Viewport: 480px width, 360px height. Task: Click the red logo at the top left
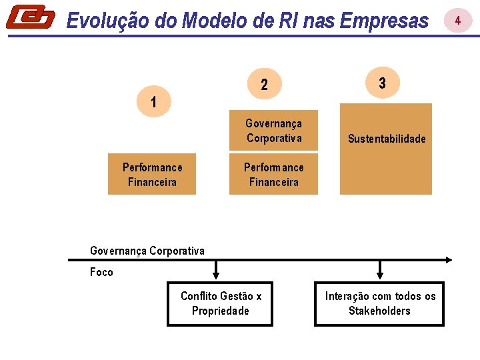click(31, 17)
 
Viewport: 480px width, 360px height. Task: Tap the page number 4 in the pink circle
click(458, 21)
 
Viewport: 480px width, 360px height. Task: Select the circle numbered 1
click(154, 103)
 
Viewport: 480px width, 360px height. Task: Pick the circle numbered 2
click(265, 85)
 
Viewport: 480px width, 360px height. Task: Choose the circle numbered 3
click(382, 83)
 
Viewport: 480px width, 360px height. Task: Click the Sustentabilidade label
click(386, 139)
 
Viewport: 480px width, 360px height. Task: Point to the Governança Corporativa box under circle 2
click(273, 131)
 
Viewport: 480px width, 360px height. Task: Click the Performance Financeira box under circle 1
click(152, 174)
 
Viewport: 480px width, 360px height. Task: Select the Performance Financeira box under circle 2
click(273, 174)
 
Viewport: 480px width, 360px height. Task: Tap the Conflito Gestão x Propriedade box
click(220, 303)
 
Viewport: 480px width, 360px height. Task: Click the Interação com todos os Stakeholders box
click(379, 303)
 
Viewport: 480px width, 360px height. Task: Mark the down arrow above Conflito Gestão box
click(216, 270)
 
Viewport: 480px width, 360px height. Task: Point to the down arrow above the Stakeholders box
click(380, 270)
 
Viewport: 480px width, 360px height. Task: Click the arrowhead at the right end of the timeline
click(449, 259)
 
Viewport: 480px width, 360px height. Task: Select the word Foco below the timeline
click(101, 272)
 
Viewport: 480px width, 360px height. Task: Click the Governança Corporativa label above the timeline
click(147, 251)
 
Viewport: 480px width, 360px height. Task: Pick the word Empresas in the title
click(383, 21)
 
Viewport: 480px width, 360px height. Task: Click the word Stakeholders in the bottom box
click(379, 311)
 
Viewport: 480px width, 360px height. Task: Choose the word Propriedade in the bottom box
click(220, 311)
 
